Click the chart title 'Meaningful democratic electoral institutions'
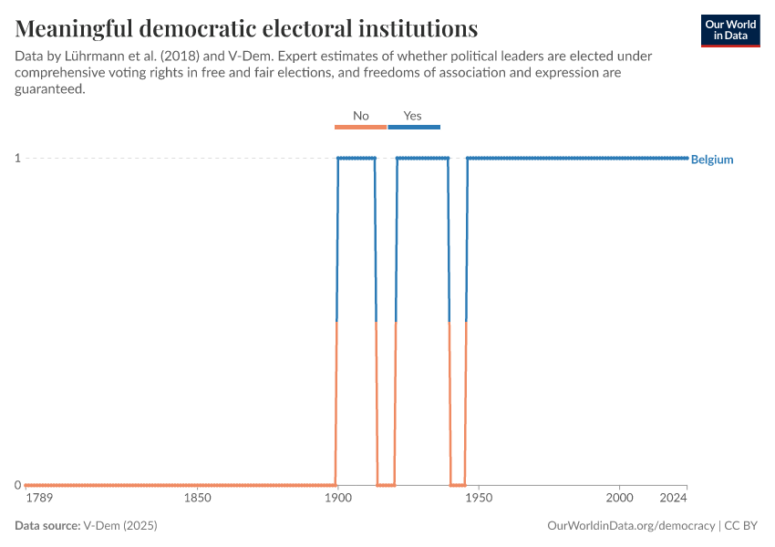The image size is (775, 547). pos(246,26)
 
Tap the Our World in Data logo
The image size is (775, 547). pos(730,30)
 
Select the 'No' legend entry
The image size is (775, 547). pos(361,117)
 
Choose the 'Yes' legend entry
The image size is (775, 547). pos(413,117)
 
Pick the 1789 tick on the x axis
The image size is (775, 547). pos(39,499)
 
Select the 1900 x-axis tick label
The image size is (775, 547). pos(337,499)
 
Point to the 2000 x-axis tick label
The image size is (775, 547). pos(619,499)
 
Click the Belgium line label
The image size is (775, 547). pos(712,160)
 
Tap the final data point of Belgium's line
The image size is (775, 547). pos(687,159)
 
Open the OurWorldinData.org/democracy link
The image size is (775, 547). pos(631,526)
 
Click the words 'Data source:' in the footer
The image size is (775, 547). pos(47,526)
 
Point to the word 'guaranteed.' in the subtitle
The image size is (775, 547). pos(50,89)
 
